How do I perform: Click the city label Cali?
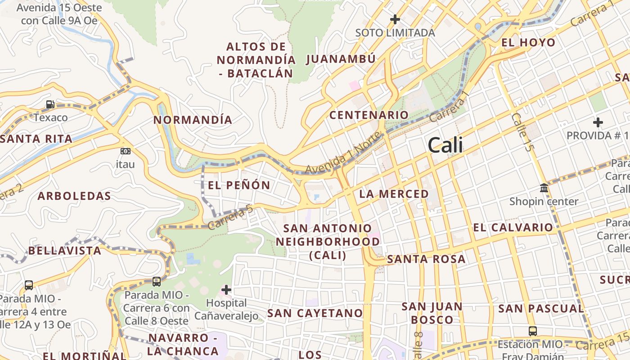pos(445,145)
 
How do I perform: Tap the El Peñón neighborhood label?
pos(239,185)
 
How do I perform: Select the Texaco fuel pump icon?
pos(50,104)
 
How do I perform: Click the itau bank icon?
pos(126,151)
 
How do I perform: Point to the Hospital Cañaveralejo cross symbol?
pos(226,290)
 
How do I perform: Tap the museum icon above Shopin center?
pos(544,188)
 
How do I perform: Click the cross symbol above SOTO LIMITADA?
pos(395,19)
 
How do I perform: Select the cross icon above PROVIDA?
pos(598,122)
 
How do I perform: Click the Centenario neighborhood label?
pos(369,115)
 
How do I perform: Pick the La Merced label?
pos(394,194)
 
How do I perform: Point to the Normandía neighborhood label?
pos(193,120)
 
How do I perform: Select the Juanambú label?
pos(341,59)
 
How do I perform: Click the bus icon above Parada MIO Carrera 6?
pos(157,282)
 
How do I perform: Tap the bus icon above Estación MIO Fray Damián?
pos(533,331)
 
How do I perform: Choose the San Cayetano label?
pos(315,313)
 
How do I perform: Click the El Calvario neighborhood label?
pos(513,228)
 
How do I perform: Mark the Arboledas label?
pos(74,196)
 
